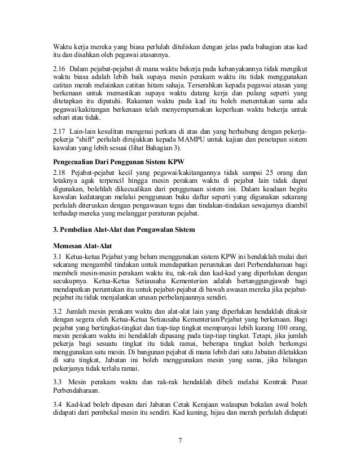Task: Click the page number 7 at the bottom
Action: [x=180, y=441]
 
